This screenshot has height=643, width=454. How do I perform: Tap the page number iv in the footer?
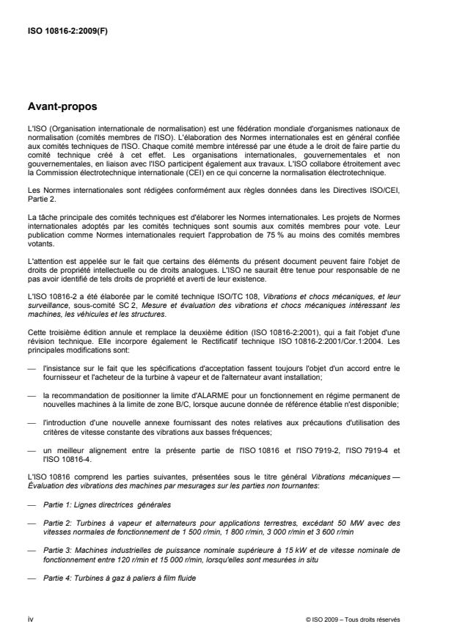pyautogui.click(x=29, y=618)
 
